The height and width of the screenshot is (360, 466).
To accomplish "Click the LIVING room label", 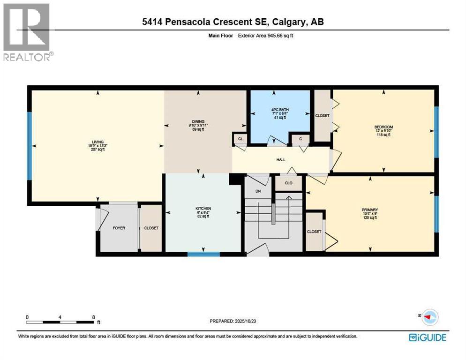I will (x=98, y=142).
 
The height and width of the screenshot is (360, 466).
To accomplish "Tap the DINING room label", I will (x=198, y=121).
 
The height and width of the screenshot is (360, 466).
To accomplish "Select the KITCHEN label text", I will (x=203, y=208).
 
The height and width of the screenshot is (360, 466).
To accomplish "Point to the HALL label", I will (x=281, y=160).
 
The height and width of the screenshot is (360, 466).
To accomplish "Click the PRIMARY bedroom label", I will (x=369, y=210).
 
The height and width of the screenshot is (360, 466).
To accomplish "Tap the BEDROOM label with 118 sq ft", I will (x=383, y=127).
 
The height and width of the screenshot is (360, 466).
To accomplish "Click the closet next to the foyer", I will (x=151, y=228).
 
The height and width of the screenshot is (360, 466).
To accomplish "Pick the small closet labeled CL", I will (x=240, y=139).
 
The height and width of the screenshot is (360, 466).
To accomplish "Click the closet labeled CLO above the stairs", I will (x=288, y=183).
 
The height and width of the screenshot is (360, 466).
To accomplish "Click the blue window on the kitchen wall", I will (x=203, y=254).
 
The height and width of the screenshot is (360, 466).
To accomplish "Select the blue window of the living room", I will (x=29, y=146).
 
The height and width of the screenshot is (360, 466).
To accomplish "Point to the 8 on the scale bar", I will (x=93, y=317).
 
